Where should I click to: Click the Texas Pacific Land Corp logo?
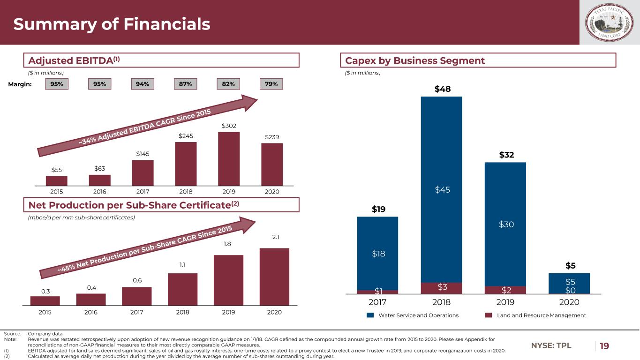610,22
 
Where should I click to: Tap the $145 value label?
143,154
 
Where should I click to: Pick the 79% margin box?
271,84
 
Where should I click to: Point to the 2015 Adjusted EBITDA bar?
57,180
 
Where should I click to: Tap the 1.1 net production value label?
182,265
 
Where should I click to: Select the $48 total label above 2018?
441,89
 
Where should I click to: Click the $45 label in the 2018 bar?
441,189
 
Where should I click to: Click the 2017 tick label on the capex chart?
377,303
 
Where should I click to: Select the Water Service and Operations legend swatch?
370,315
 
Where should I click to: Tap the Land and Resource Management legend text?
541,315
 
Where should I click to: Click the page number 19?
604,346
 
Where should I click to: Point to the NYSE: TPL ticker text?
551,346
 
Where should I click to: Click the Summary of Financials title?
112,24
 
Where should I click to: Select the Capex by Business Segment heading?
415,60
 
